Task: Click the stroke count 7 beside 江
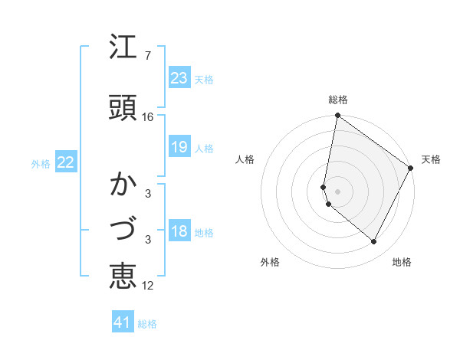147,56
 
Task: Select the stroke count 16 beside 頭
148,117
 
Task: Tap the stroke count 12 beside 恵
148,286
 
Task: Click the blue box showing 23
179,78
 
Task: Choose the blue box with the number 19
179,147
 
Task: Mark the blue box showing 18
179,231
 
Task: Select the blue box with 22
66,162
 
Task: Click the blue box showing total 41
123,322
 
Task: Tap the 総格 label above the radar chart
338,100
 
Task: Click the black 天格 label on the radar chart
431,159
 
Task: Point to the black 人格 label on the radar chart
245,159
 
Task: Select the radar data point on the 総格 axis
337,116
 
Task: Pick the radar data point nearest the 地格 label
374,241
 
